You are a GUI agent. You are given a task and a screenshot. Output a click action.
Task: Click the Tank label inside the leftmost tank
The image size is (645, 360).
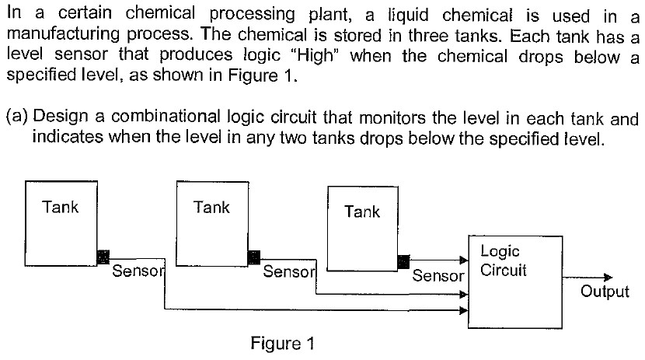coord(60,208)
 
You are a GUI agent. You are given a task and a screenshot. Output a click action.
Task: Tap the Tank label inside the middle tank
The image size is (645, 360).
coord(211,208)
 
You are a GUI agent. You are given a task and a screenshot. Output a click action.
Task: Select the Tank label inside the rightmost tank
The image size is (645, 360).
coord(361,211)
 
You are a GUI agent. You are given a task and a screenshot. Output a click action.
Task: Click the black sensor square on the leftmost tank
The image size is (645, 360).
coord(102,257)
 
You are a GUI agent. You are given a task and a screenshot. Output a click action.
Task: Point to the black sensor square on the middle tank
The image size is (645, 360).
coord(253,257)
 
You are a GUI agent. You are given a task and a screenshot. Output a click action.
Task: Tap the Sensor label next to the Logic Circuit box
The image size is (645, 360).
coord(438,276)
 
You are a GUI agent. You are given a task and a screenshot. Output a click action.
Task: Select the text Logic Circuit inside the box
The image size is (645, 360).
coord(504,261)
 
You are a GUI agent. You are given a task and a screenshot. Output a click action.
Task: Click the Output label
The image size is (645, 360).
coord(605,292)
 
